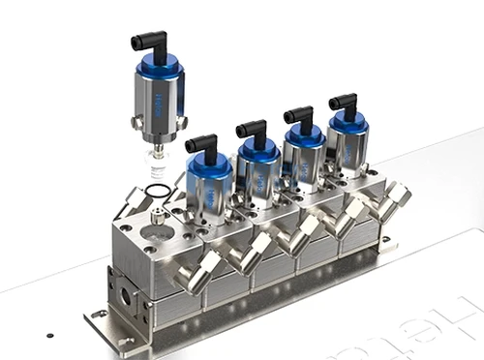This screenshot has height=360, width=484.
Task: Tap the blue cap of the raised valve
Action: click(x=158, y=67)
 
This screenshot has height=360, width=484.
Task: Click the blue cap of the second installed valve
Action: click(x=258, y=149)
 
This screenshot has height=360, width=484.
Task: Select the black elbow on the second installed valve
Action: click(x=252, y=128)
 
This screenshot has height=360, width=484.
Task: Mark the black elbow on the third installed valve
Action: click(x=298, y=113)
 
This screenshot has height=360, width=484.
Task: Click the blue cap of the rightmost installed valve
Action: click(x=347, y=121)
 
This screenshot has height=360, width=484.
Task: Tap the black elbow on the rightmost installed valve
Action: click(x=341, y=101)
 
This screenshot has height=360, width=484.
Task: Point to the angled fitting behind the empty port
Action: click(x=136, y=201)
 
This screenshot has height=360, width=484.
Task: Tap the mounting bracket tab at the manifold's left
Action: click(x=97, y=315)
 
